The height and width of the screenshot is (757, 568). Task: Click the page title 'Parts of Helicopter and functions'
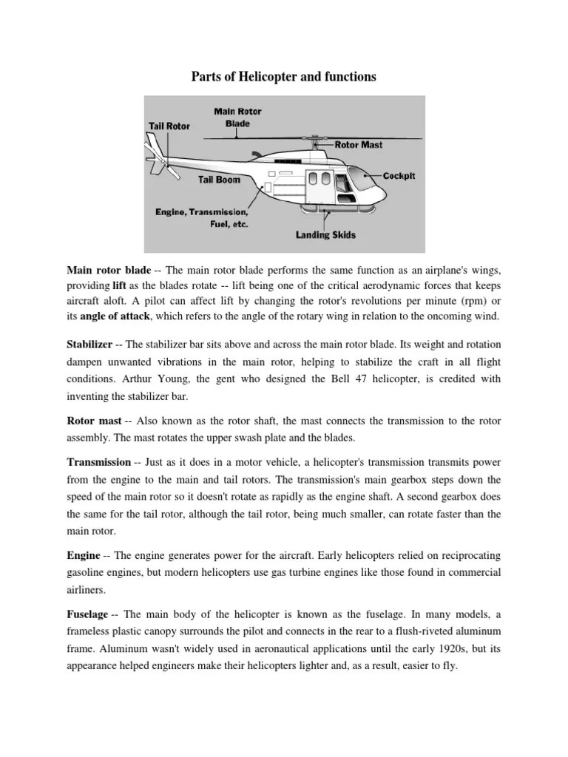pos(284,77)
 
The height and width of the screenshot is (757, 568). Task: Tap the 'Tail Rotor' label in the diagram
pos(169,126)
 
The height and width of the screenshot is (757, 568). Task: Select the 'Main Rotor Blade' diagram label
pos(237,118)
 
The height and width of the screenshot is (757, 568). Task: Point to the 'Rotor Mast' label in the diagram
pos(359,145)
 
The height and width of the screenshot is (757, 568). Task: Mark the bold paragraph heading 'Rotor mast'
pos(94,421)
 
